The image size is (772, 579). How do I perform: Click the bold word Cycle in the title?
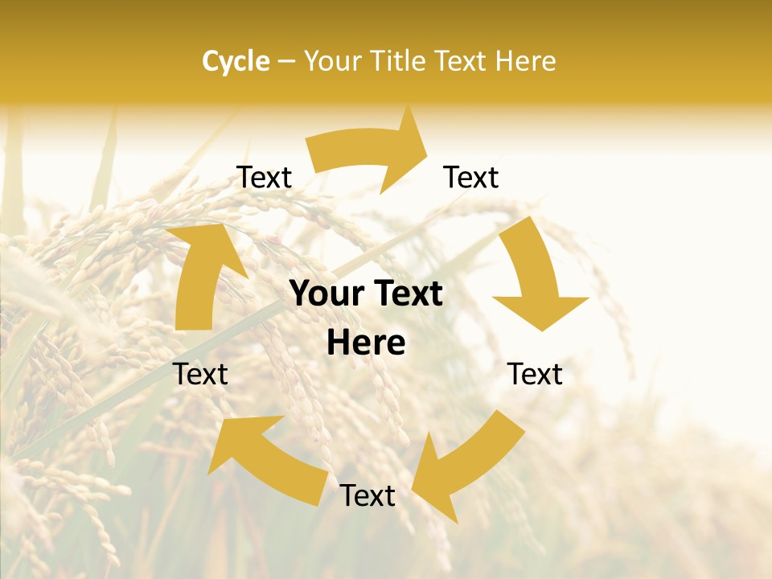(236, 61)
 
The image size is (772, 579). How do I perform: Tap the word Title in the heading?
(400, 61)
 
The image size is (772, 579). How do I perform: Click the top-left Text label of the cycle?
(264, 178)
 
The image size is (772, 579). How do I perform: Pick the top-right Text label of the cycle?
(471, 178)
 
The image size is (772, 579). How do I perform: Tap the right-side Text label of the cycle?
(535, 374)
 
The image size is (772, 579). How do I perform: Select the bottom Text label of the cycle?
(368, 495)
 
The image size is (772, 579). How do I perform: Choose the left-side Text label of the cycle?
(201, 374)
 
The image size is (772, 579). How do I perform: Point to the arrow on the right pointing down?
(535, 273)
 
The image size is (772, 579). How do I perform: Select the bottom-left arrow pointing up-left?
(265, 458)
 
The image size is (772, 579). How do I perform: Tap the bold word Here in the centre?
(366, 343)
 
